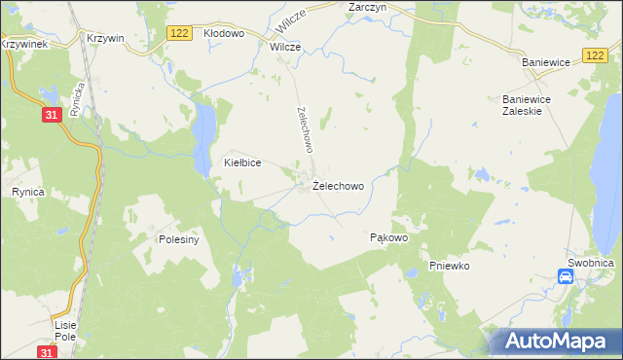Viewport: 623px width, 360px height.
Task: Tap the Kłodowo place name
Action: point(224,33)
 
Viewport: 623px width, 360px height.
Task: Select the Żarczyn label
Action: point(368,6)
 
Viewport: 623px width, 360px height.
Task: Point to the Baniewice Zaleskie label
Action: point(527,105)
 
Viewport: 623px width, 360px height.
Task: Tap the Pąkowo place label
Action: point(388,237)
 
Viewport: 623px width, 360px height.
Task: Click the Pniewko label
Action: point(450,266)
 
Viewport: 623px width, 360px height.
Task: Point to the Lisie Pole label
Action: point(66,330)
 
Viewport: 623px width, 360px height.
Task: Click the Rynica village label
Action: point(28,193)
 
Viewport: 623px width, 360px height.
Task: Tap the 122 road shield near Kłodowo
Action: point(178,33)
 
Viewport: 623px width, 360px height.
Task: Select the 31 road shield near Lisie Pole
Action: point(47,351)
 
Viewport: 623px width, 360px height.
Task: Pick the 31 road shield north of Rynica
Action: point(54,115)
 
